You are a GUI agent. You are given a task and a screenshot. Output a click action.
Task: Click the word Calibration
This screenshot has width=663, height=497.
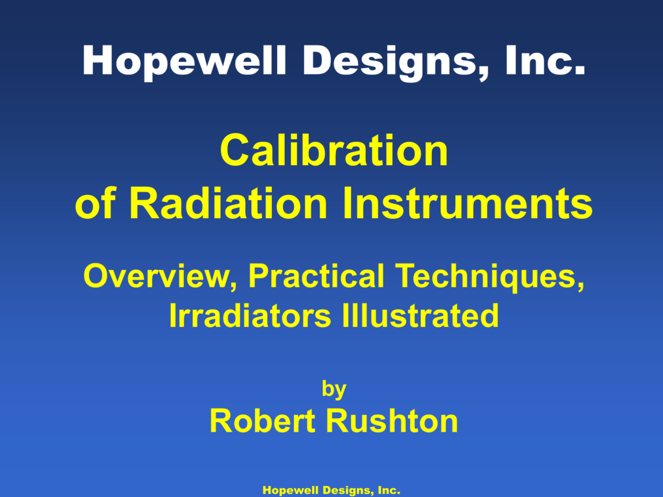[x=333, y=150]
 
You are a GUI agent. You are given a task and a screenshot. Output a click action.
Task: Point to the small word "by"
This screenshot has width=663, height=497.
[x=334, y=389]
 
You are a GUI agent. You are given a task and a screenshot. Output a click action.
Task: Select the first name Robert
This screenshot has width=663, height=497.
[x=264, y=422]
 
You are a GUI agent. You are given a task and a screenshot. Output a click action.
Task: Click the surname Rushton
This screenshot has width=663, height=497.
[x=392, y=422]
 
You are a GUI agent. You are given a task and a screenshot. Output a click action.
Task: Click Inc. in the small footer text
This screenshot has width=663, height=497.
[x=388, y=491]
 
